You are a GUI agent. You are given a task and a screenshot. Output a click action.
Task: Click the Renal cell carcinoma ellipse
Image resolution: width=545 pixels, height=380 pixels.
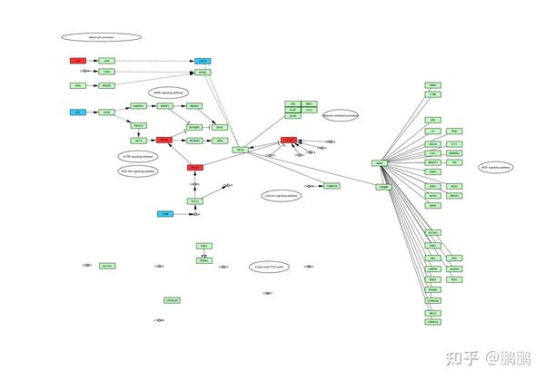point(101,37)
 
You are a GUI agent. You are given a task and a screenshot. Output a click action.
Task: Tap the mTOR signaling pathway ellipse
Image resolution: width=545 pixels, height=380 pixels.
point(136,156)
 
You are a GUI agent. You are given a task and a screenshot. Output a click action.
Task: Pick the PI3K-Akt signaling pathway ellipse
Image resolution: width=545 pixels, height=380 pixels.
point(138,171)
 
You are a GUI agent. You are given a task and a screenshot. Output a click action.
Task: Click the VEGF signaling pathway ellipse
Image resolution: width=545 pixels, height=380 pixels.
point(496,168)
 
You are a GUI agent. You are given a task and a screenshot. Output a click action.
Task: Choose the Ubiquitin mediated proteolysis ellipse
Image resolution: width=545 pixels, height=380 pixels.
point(340,115)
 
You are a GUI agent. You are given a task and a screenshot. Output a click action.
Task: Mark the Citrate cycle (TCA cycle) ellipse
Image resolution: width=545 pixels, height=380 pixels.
point(269,267)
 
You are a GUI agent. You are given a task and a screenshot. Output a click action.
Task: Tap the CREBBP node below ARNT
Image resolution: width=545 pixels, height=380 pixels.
point(384,186)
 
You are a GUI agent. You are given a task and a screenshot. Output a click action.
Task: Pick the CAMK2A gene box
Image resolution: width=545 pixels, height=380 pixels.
point(332,186)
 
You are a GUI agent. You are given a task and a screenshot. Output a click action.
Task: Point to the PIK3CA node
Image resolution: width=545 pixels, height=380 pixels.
point(139,126)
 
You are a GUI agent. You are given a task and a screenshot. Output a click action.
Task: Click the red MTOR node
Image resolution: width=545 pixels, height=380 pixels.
point(164,141)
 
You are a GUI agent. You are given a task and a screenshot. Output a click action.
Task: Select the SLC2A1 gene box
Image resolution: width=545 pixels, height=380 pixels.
point(107,266)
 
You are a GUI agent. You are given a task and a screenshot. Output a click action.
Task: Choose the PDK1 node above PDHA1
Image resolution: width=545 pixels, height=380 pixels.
point(203,246)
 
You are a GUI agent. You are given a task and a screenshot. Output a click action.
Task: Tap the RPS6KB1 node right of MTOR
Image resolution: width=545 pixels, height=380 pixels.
point(193,141)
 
